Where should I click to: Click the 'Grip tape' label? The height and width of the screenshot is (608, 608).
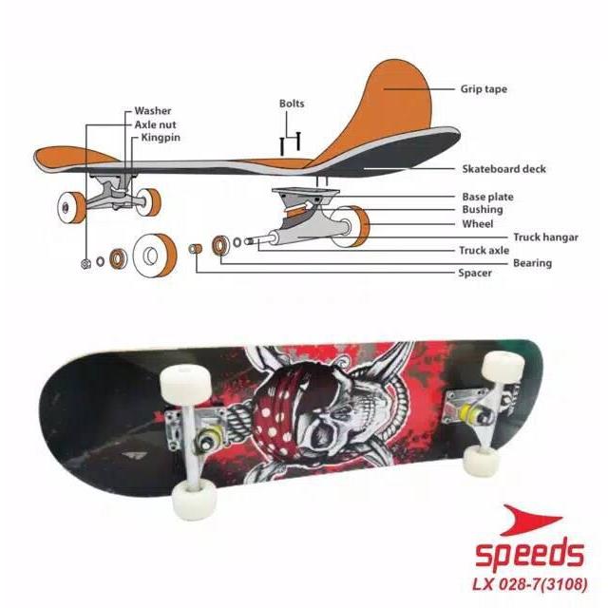(x=484, y=89)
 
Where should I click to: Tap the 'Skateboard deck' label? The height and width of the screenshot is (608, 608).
(x=504, y=169)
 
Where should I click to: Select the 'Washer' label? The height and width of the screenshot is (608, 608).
(x=153, y=111)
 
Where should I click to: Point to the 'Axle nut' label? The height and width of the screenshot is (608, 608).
(x=155, y=124)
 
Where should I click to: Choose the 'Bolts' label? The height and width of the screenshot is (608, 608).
(x=292, y=104)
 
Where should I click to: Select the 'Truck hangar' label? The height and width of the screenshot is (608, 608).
(x=546, y=237)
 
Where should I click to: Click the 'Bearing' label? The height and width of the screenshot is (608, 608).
(x=532, y=263)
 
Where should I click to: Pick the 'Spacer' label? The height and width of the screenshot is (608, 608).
(x=475, y=274)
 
